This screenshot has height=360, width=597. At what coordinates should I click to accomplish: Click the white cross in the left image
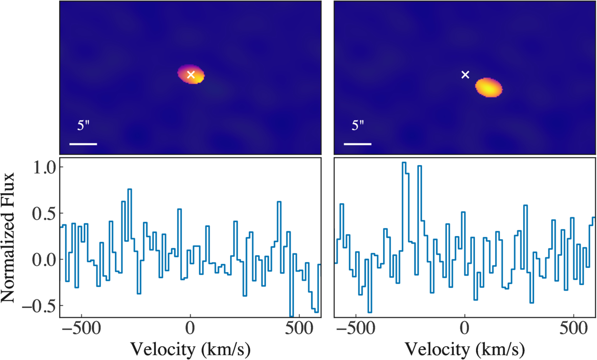coord(191,75)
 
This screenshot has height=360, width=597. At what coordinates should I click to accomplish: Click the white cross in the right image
coord(465,75)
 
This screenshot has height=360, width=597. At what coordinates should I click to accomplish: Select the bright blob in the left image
coord(191,74)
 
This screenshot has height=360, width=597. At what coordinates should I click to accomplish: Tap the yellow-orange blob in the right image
coord(489,87)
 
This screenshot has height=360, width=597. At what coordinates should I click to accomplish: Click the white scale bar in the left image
coord(83,144)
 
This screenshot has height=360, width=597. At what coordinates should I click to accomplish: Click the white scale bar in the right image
coord(358,144)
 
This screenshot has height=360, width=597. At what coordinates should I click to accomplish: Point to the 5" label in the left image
coord(83,125)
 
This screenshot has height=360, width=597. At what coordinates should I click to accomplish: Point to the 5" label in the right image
coord(358,125)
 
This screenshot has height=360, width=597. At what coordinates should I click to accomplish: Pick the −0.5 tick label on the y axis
coord(39,306)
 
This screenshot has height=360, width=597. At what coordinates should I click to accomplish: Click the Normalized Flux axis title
coord(8,237)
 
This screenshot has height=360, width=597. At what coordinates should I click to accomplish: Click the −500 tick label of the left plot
coord(81,329)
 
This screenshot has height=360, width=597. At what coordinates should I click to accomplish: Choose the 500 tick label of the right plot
coord(574,329)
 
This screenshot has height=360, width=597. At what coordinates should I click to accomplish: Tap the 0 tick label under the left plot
coord(190,329)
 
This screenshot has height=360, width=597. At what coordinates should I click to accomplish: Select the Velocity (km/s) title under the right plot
coord(465,350)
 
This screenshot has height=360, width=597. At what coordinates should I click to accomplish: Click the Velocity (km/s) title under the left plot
coord(190,350)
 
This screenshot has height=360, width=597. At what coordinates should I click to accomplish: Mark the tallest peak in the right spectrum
coord(404,162)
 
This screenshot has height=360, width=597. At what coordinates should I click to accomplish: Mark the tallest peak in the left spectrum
coord(130,189)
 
